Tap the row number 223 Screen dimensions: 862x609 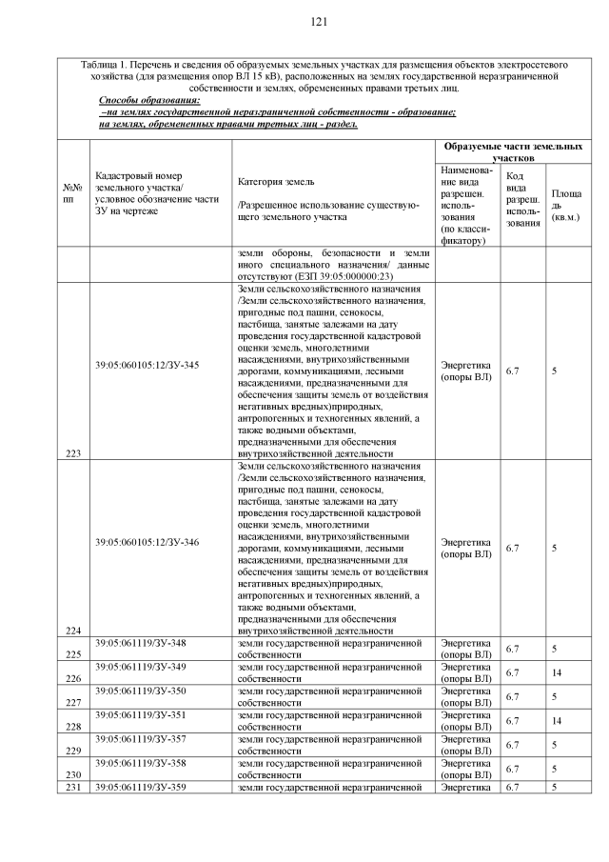72,452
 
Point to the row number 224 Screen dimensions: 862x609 72,630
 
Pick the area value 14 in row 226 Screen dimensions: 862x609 556,672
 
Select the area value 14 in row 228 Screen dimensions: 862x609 556,721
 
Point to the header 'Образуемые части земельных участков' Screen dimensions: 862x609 511,152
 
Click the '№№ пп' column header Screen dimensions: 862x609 72,195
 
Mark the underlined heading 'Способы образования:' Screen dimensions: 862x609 149,100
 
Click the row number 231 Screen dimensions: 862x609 72,787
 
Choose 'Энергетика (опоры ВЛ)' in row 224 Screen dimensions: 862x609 466,548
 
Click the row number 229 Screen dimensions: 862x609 72,751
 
